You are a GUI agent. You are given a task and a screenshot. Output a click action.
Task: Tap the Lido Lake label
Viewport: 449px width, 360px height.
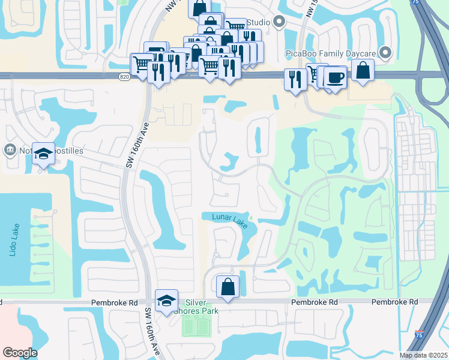[13, 241]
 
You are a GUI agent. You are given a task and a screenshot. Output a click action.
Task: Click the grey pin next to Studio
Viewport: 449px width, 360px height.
[279, 22]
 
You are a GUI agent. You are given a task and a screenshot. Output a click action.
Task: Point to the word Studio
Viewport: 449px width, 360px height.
[258, 23]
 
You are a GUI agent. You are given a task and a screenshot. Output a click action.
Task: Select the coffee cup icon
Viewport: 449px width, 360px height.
[336, 77]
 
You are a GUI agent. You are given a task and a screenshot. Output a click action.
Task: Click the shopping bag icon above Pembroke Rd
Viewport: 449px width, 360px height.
[228, 286]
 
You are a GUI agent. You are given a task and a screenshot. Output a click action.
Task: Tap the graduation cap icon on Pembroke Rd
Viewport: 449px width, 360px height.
[166, 301]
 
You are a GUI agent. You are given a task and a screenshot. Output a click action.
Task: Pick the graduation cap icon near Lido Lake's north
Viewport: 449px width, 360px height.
[43, 154]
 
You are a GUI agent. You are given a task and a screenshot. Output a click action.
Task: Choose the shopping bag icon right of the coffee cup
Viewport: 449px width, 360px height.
[363, 70]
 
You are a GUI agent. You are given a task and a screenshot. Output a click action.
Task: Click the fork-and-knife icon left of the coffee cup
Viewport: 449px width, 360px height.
[295, 80]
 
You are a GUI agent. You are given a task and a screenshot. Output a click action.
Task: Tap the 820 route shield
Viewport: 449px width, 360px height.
[124, 77]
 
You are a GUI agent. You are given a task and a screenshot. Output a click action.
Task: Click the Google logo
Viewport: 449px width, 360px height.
[20, 352]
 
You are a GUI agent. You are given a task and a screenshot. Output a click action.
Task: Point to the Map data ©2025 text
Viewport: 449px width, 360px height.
[423, 355]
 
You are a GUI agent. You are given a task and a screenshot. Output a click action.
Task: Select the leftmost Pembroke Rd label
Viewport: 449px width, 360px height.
[114, 303]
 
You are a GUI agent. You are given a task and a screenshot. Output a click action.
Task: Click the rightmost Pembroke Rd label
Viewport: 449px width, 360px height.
[394, 302]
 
